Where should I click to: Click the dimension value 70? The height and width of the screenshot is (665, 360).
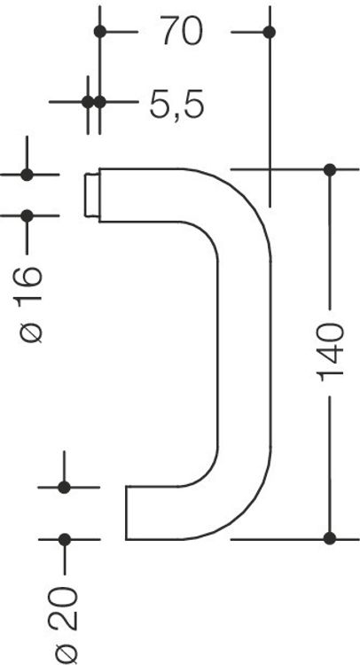tap(182, 32)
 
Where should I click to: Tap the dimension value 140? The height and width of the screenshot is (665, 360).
tap(330, 352)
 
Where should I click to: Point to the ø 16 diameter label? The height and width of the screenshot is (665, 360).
tap(30, 304)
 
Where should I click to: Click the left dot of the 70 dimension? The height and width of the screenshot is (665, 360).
tap(100, 31)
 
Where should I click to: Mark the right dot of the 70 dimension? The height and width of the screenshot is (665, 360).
tap(270, 32)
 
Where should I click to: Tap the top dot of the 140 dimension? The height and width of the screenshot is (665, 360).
tap(330, 169)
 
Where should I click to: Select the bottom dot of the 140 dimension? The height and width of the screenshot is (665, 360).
tap(330, 538)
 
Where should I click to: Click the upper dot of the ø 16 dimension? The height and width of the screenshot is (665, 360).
tap(27, 175)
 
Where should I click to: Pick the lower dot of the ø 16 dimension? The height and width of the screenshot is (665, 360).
tap(27, 215)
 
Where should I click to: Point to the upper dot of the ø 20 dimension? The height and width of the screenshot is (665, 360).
tap(64, 488)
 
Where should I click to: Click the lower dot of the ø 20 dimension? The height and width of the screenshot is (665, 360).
tap(64, 539)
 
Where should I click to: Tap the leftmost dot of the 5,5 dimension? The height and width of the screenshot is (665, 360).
tap(88, 102)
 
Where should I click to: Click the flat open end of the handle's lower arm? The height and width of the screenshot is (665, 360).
tap(127, 512)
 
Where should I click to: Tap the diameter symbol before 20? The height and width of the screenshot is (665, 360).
tap(67, 654)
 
